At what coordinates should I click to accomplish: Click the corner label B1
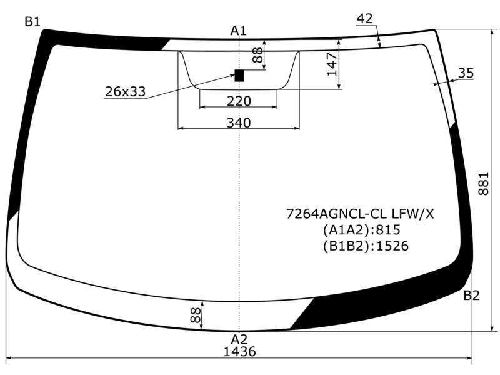click(32, 22)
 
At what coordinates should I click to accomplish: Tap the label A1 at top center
click(239, 31)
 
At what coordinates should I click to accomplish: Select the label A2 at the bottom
click(239, 339)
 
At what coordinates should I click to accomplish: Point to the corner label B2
click(471, 296)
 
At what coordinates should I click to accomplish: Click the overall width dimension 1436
click(240, 351)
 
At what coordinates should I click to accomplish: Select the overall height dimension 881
click(483, 183)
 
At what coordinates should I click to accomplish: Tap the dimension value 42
click(365, 19)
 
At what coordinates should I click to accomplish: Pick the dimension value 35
click(466, 73)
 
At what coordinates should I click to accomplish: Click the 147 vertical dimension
click(332, 64)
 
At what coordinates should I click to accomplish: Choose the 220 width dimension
click(239, 101)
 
